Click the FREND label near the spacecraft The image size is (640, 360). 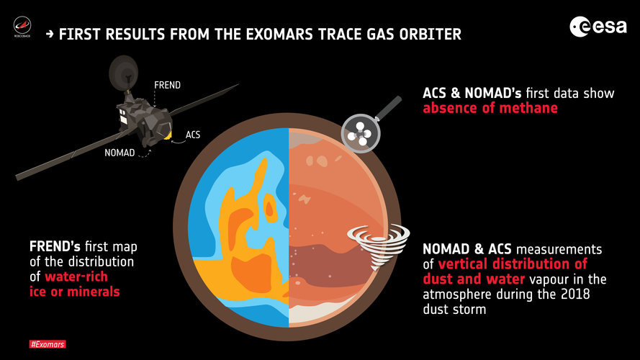167,85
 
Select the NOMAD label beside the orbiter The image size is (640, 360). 120,153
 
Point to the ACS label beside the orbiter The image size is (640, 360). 193,135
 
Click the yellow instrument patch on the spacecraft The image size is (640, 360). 166,133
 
